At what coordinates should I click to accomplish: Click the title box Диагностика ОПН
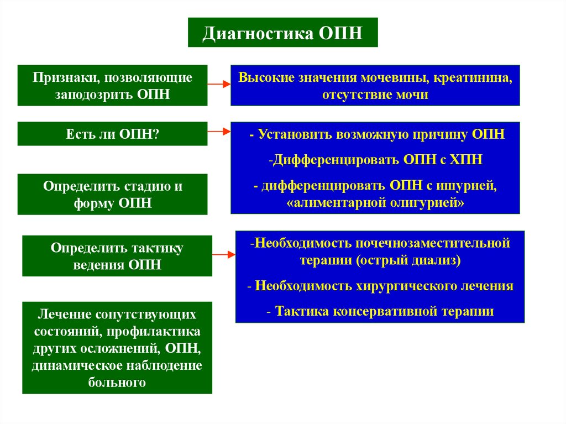(x=282, y=33)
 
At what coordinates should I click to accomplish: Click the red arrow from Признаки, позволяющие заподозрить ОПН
(x=219, y=85)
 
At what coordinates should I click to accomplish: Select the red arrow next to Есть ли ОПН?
(x=219, y=132)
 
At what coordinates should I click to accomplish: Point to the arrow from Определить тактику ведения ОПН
(x=223, y=254)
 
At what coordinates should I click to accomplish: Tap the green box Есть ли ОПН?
(x=112, y=134)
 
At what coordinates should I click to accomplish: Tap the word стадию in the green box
(x=140, y=186)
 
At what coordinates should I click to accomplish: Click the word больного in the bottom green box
(x=117, y=382)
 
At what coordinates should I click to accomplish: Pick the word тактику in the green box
(x=154, y=248)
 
